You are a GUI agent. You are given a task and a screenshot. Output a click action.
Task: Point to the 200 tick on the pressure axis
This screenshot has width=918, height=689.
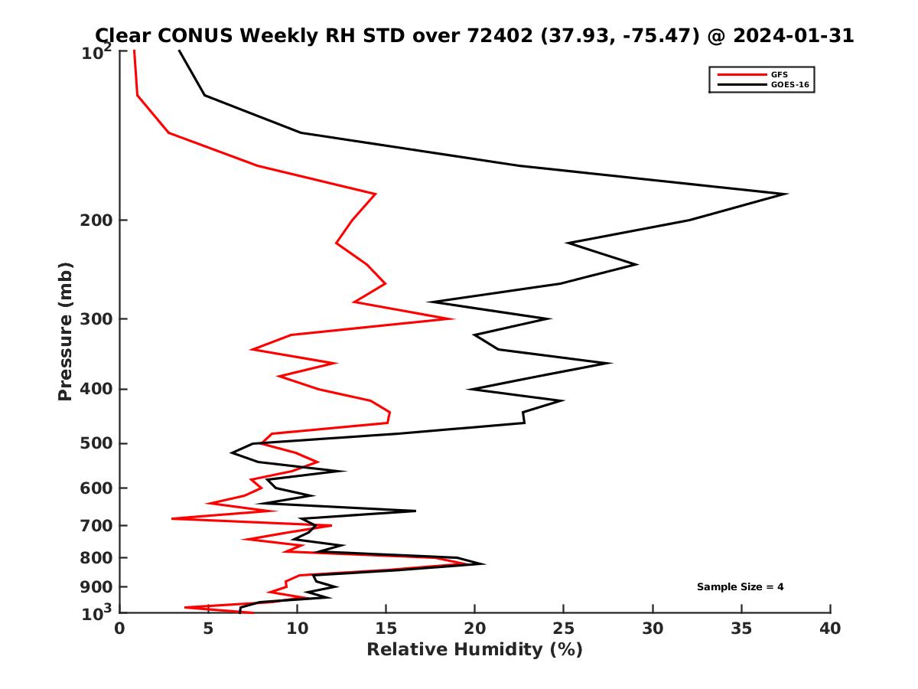tap(96, 220)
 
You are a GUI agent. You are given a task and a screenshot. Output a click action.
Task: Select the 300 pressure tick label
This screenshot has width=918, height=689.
tap(96, 319)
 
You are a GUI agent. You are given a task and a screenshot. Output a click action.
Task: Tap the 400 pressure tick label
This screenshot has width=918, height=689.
tap(96, 389)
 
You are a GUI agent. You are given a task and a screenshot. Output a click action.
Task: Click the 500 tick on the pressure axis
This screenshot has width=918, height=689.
tap(96, 443)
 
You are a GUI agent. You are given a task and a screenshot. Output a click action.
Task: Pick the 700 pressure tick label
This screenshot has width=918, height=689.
tap(96, 525)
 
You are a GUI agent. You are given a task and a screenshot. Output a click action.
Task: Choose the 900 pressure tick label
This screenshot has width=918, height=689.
tap(96, 587)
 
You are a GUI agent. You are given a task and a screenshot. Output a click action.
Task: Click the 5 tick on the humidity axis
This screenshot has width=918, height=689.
tap(208, 629)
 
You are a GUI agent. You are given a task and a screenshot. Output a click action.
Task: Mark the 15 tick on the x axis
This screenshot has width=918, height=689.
tap(386, 629)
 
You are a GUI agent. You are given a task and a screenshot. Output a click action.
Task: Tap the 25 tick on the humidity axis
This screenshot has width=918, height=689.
tap(564, 629)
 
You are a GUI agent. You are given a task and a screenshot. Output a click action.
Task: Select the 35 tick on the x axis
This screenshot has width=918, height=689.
tap(741, 629)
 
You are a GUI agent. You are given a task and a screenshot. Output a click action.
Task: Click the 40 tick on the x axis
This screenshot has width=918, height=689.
tap(830, 629)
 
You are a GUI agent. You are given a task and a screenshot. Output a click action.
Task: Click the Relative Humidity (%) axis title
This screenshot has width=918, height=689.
tap(474, 650)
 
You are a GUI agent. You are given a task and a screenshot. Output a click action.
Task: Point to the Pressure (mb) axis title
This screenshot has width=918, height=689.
tap(65, 331)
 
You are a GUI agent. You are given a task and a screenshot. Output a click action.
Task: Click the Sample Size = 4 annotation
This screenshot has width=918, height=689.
tap(740, 587)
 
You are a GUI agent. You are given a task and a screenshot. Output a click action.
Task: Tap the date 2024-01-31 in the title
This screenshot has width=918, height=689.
tap(792, 35)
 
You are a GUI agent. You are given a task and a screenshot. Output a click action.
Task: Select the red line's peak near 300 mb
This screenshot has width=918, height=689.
tap(453, 318)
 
